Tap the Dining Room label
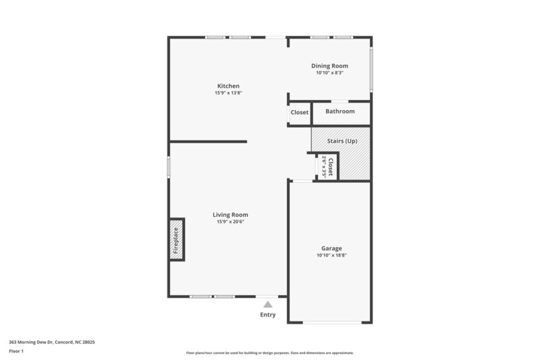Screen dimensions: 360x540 click(x=329, y=66)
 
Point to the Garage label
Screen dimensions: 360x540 click(x=331, y=248)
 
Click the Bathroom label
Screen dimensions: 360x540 click(x=340, y=111)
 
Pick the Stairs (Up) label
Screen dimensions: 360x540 click(x=342, y=141)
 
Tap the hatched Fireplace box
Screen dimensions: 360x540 click(x=176, y=240)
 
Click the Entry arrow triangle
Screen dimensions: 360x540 click(x=268, y=305)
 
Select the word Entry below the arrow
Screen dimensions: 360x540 click(x=268, y=315)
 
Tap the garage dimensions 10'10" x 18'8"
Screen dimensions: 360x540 click(x=331, y=255)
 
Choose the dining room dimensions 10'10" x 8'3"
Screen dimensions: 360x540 click(x=329, y=73)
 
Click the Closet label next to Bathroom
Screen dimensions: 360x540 click(x=300, y=112)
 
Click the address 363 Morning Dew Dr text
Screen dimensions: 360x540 click(x=51, y=342)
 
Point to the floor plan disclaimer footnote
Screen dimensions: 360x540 click(x=270, y=353)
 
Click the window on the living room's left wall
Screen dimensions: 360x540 click(x=169, y=166)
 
